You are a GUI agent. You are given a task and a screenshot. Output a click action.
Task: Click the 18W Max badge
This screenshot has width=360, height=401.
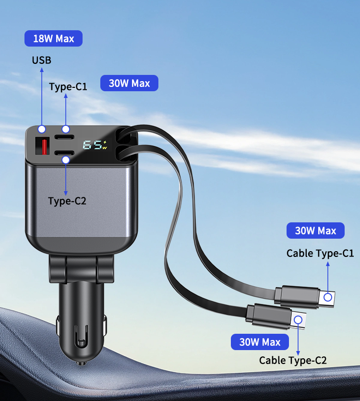click(53, 38)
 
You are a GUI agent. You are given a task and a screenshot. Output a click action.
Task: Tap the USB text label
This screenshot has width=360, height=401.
click(41, 61)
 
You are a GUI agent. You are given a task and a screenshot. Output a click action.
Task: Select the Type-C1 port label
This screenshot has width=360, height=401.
click(68, 87)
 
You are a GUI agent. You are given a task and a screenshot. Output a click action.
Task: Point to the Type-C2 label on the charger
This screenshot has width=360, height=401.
click(67, 201)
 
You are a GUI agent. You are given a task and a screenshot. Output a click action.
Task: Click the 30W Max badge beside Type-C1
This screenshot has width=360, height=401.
click(130, 83)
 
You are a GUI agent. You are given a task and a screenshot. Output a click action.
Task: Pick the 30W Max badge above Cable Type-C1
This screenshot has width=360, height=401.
click(315, 231)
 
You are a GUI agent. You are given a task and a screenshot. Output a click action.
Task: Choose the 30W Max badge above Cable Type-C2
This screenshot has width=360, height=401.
click(260, 342)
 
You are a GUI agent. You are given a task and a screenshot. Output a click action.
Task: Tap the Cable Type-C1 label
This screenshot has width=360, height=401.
click(320, 254)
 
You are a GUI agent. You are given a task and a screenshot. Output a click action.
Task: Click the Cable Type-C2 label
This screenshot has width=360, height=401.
click(293, 361)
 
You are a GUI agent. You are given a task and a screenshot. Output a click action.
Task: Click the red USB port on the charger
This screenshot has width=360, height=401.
click(42, 146)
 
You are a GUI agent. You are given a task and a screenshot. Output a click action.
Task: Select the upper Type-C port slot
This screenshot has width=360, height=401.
click(64, 137)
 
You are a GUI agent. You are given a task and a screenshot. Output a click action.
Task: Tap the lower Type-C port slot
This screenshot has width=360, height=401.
click(64, 153)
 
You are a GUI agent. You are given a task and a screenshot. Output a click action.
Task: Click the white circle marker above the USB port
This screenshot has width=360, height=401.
click(42, 129)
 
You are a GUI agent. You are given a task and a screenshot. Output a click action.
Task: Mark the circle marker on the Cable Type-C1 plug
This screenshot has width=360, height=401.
click(328, 297)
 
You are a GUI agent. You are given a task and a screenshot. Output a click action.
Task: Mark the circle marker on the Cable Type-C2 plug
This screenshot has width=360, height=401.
click(298, 320)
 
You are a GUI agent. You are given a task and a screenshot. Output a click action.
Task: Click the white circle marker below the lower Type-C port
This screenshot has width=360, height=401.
click(66, 160)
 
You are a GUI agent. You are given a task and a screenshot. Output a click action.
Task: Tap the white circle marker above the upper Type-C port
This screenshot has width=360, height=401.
click(66, 129)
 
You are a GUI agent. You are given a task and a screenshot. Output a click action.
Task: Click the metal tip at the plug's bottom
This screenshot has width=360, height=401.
click(81, 363)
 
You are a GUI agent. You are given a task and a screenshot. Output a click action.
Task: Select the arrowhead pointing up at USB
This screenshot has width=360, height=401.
click(42, 70)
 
